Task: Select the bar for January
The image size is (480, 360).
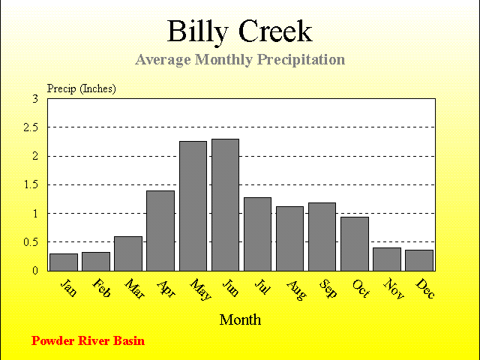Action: [x=64, y=262]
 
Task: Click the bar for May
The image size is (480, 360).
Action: [x=193, y=206]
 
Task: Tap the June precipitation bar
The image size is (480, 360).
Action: [x=225, y=205]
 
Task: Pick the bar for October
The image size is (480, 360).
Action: [x=355, y=244]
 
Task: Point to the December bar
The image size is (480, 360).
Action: [x=419, y=260]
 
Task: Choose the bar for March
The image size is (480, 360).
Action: [x=128, y=253]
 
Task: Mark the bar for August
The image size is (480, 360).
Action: [x=290, y=238]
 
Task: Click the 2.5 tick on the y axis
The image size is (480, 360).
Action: [x=31, y=127]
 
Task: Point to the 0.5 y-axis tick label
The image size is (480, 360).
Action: [x=31, y=242]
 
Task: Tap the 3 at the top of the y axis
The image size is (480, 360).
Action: [x=35, y=99]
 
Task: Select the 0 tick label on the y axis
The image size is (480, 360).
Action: [x=35, y=271]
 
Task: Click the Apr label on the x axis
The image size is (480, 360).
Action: [x=166, y=289]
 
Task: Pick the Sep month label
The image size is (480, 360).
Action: [x=328, y=288]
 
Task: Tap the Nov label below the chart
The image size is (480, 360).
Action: [x=394, y=289]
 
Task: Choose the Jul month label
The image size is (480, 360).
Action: [x=262, y=286]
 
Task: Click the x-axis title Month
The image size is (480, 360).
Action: [x=240, y=320]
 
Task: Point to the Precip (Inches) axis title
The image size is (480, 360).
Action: [x=82, y=88]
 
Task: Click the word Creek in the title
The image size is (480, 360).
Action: [x=275, y=31]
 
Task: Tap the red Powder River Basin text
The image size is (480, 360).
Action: [x=88, y=340]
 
